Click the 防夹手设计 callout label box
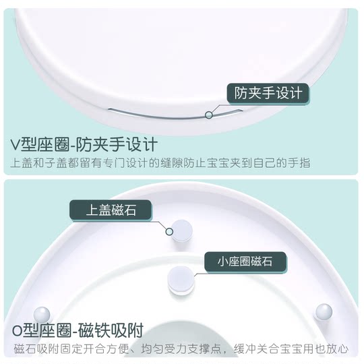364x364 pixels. coord(268,92)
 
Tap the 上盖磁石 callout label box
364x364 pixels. coord(111,210)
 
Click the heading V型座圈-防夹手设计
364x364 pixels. coord(84,144)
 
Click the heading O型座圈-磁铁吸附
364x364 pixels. coord(78,330)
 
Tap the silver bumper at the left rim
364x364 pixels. coord(42,314)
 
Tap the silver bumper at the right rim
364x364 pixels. coord(324,311)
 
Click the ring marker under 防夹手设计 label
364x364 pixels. coord(209,115)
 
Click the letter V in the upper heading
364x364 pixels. coord(16,145)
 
